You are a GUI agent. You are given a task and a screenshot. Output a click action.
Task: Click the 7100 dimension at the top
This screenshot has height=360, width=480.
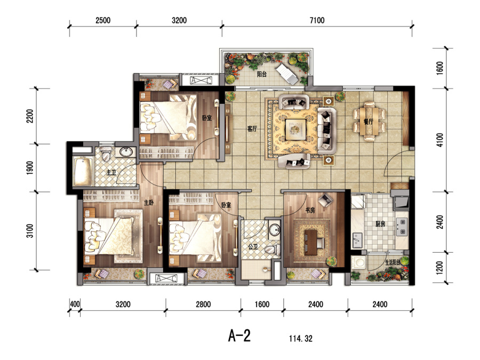(317, 20)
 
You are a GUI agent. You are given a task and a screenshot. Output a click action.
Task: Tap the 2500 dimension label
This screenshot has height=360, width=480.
(103, 20)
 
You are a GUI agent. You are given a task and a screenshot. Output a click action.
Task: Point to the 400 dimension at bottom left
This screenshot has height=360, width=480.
(75, 305)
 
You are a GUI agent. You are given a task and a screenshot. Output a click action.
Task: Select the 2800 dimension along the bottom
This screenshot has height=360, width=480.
(203, 305)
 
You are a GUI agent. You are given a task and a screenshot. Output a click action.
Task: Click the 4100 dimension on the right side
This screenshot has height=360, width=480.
(439, 140)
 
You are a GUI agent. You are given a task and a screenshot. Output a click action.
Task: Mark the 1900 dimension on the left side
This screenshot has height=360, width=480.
(30, 168)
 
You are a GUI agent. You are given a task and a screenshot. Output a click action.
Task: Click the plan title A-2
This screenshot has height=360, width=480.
(239, 335)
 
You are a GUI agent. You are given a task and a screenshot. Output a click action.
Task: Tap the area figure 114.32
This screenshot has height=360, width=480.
(301, 339)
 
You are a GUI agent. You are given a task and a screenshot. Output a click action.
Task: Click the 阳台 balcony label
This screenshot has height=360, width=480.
(262, 74)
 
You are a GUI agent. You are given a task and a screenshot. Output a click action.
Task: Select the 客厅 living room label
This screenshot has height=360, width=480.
(252, 129)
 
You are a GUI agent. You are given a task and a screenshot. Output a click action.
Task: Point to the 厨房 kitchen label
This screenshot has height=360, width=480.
(380, 224)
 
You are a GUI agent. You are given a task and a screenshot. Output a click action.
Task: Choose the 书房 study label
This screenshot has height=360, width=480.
(310, 210)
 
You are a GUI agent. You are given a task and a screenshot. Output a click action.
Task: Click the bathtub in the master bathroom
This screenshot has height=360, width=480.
(83, 171)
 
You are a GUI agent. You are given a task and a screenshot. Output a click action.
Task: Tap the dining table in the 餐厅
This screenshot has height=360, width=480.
(369, 121)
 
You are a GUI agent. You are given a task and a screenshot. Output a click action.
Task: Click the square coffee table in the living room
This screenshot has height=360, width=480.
(295, 130)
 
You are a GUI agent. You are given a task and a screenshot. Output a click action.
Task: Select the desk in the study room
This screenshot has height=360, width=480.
(311, 242)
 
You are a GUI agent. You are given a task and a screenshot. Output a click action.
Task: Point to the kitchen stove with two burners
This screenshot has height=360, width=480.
(402, 227)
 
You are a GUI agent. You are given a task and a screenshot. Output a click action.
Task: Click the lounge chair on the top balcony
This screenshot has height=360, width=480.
(287, 74)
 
